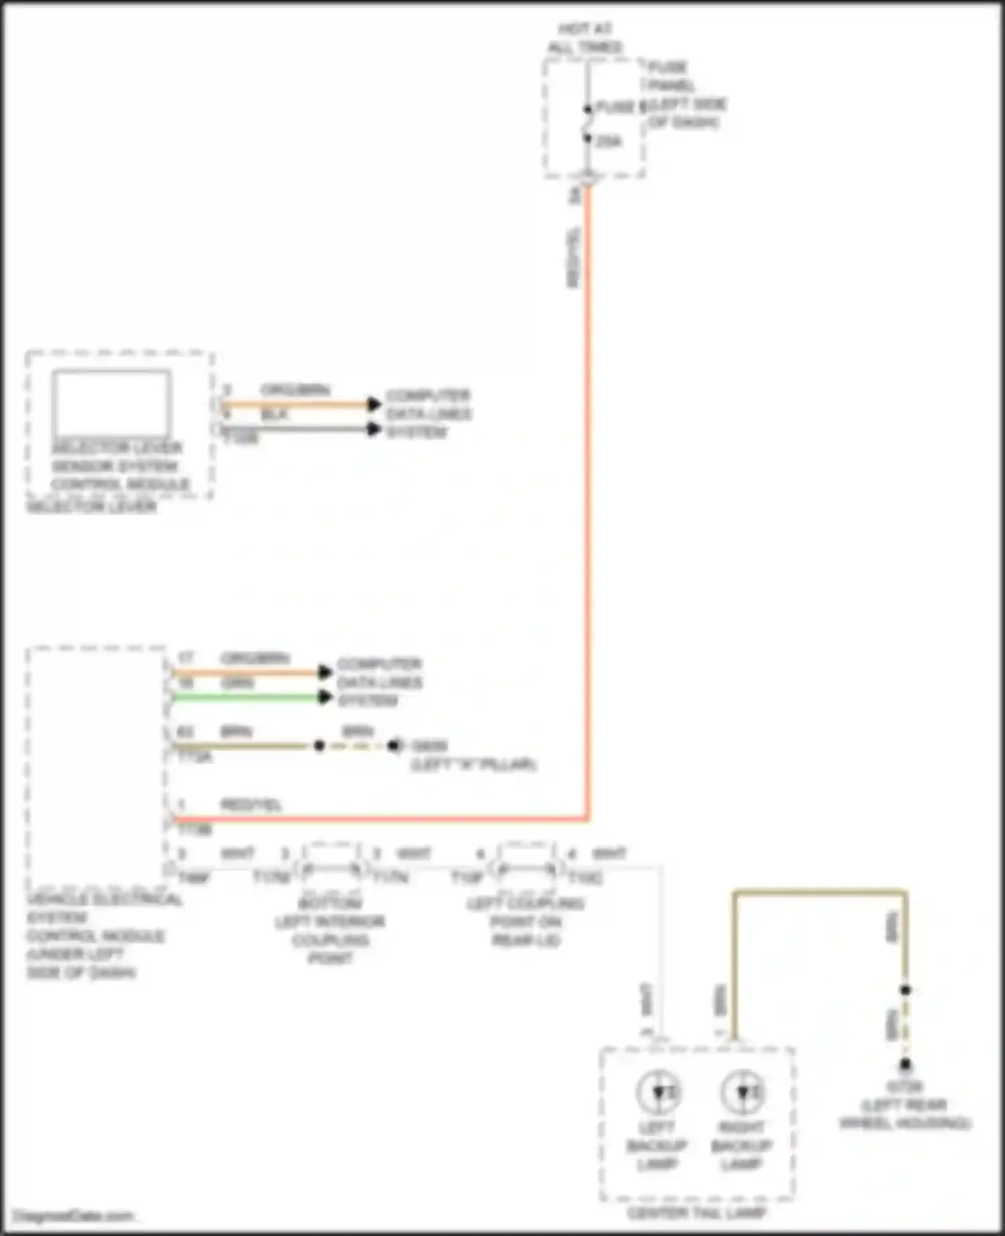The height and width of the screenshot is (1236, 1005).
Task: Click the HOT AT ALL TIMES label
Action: click(x=585, y=38)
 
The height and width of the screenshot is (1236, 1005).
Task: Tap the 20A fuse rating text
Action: click(x=608, y=141)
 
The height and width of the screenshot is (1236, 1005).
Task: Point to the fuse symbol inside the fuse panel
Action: click(x=588, y=124)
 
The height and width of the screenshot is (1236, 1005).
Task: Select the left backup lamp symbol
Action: click(x=659, y=1092)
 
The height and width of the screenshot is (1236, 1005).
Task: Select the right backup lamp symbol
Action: click(x=742, y=1092)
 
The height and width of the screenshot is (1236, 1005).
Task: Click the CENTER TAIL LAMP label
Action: click(x=697, y=1213)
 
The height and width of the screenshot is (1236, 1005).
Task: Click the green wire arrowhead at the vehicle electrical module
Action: click(x=326, y=698)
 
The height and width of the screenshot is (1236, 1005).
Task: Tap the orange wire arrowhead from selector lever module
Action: click(x=375, y=404)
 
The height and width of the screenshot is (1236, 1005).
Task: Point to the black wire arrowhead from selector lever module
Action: click(x=375, y=429)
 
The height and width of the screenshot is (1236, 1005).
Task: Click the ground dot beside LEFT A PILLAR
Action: click(x=395, y=745)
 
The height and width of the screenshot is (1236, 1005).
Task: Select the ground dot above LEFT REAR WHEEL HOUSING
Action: click(x=905, y=1064)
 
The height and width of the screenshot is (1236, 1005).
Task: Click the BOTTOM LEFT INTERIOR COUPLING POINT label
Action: click(x=330, y=931)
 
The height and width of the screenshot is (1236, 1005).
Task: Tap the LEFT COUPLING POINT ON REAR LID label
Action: click(x=526, y=921)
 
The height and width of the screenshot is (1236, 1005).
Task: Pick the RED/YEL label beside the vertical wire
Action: click(x=574, y=258)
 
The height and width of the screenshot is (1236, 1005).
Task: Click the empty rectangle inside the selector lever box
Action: click(x=111, y=402)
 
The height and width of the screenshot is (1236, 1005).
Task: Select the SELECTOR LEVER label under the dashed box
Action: click(x=91, y=507)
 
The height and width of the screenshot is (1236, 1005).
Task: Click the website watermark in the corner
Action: click(x=73, y=1215)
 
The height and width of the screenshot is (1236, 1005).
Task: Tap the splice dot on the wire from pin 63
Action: click(x=320, y=745)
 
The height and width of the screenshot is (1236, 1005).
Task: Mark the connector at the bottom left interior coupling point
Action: click(x=332, y=869)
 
